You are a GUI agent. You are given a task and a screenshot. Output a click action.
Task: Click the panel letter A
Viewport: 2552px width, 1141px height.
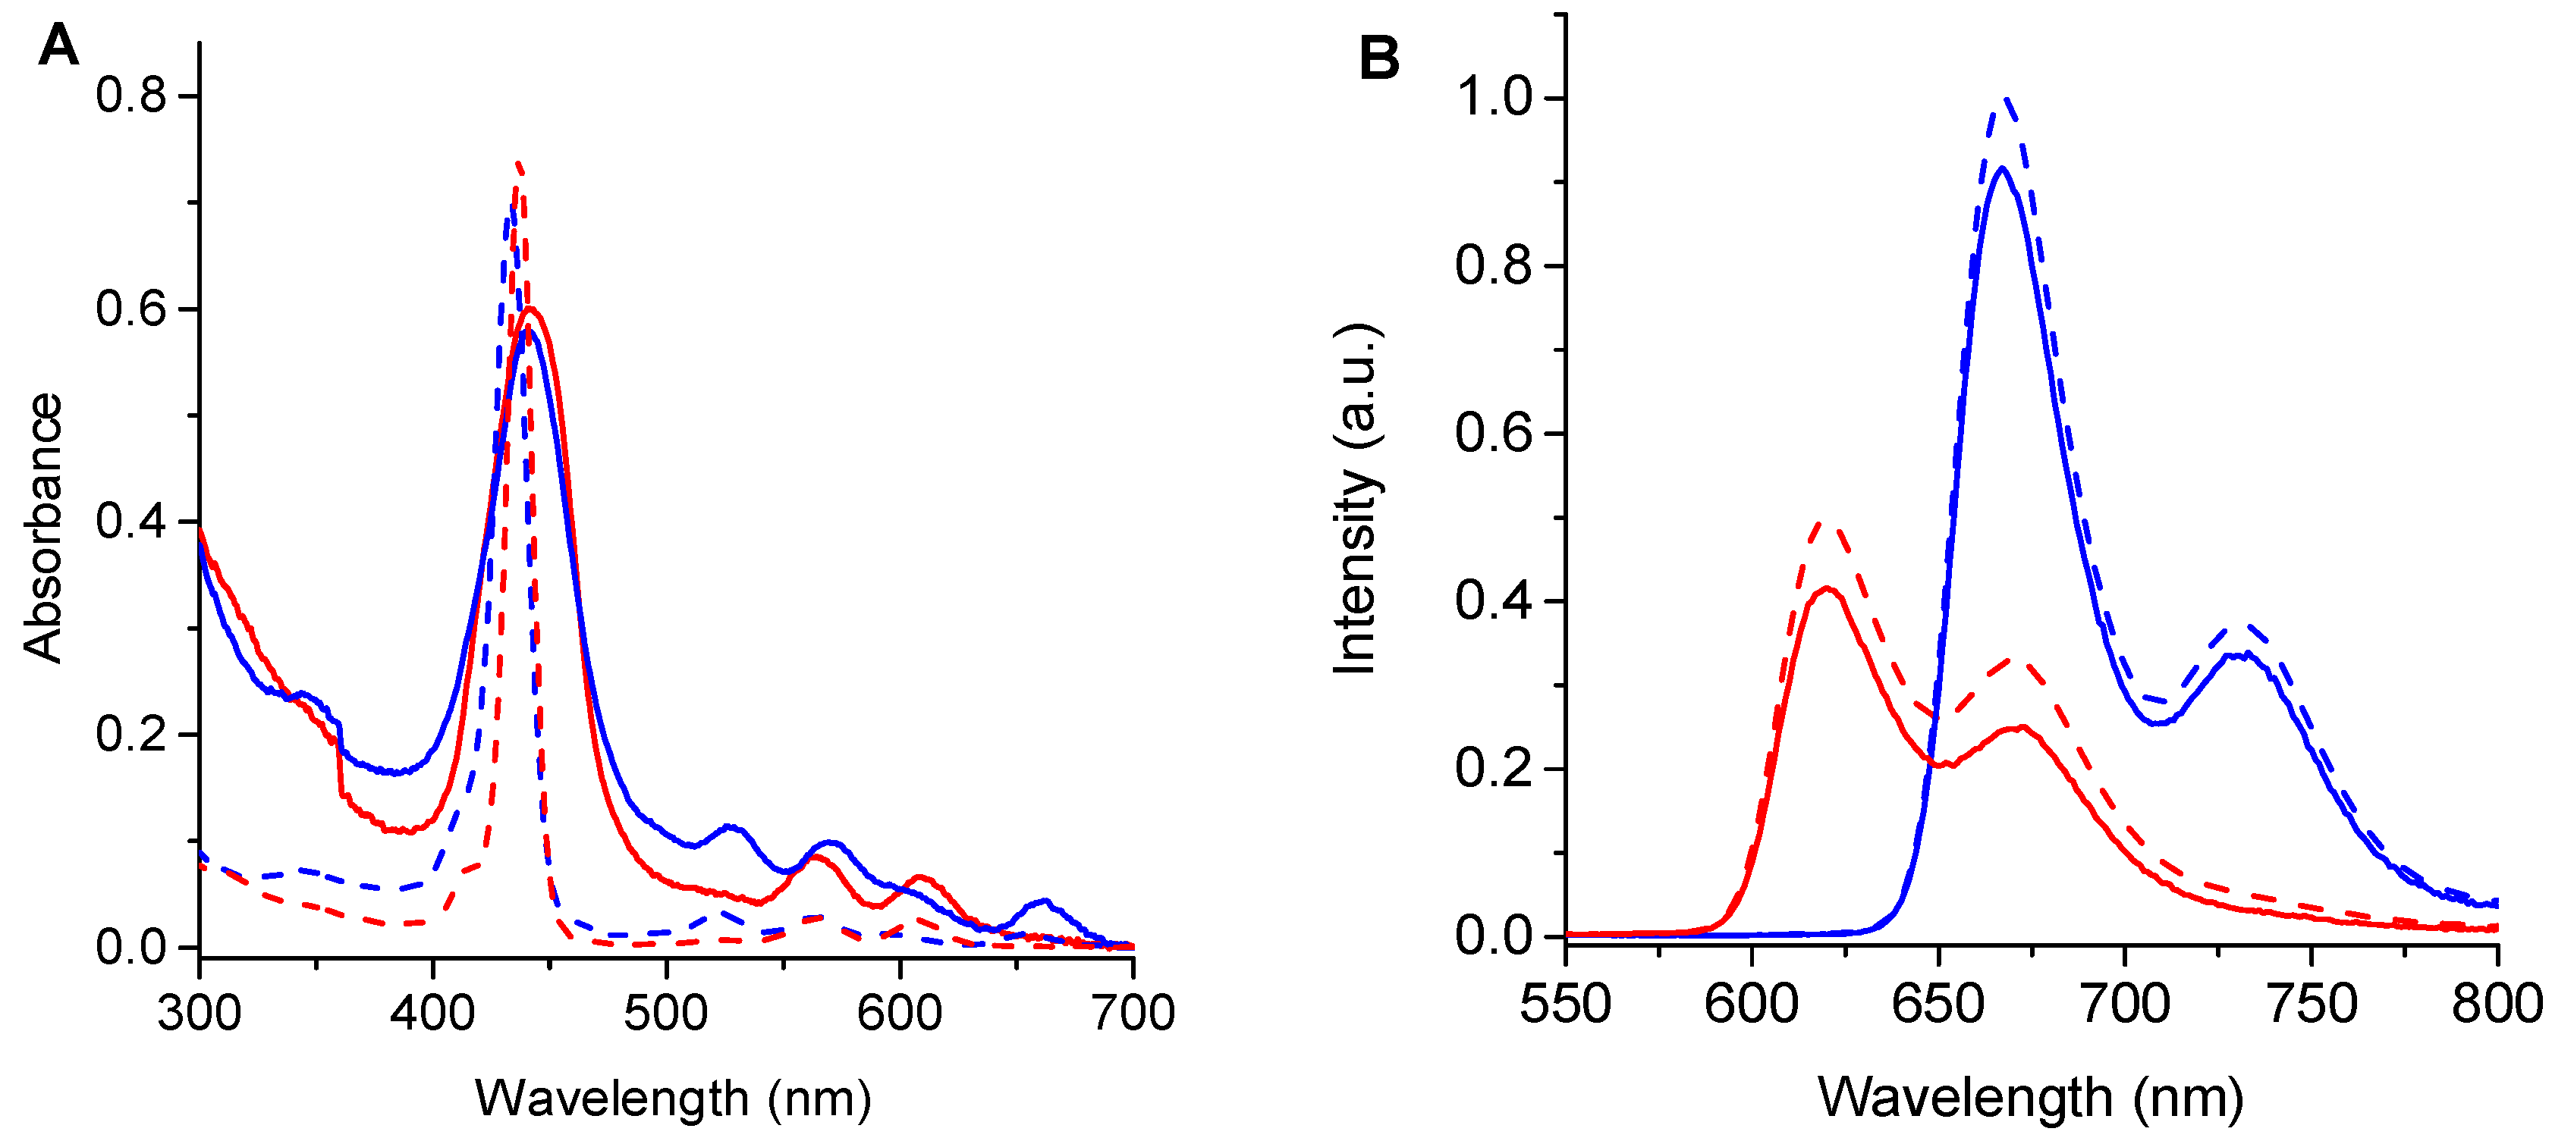click(x=58, y=45)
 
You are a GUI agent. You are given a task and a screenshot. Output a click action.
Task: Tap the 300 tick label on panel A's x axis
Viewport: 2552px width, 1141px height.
click(x=199, y=1013)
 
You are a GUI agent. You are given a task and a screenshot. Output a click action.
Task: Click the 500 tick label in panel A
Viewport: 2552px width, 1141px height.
click(x=666, y=1013)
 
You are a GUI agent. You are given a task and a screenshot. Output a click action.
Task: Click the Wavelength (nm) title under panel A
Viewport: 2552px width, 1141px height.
click(x=674, y=1099)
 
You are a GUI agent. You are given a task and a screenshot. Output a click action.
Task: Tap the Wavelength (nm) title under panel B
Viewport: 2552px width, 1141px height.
click(x=2031, y=1098)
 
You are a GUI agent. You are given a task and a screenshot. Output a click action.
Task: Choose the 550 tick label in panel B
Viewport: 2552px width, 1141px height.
click(x=1565, y=1005)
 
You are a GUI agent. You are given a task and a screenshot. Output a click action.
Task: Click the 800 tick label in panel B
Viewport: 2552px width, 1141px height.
click(x=2497, y=1005)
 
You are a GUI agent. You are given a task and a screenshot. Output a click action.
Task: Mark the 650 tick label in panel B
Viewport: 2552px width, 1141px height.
click(x=1938, y=1005)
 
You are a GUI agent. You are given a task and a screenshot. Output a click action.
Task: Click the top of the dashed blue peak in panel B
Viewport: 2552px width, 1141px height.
click(x=2006, y=99)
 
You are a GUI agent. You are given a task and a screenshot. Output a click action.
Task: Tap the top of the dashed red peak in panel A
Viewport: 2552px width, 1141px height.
click(x=517, y=164)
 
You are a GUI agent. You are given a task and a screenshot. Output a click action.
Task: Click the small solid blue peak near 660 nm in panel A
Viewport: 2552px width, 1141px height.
click(x=1044, y=901)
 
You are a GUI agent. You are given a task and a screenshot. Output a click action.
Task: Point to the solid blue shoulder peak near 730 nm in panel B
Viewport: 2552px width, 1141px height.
click(x=2241, y=654)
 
